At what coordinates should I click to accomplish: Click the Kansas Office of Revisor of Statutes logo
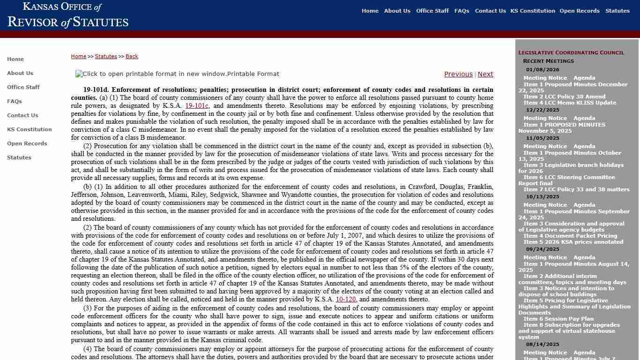(68, 15)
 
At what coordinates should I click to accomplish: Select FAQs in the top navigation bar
(461, 11)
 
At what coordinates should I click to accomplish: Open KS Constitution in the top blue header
(532, 11)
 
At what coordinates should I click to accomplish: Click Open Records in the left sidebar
(27, 143)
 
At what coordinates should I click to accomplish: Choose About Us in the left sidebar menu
(20, 73)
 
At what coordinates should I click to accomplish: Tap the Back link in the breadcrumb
(132, 56)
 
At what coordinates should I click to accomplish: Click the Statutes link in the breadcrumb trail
(106, 56)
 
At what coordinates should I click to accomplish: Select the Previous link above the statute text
(458, 74)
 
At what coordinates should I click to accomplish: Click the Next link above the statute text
(485, 74)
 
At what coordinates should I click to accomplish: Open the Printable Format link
(177, 74)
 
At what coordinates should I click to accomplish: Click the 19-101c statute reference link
(197, 106)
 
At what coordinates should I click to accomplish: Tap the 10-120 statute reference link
(345, 300)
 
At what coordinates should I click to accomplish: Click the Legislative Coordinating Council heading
(571, 52)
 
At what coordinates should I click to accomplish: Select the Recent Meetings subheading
(548, 61)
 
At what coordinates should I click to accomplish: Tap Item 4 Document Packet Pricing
(570, 236)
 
